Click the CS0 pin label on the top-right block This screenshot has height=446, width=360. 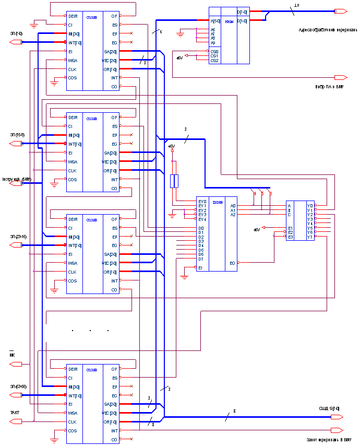214,52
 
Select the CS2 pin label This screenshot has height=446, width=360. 214,61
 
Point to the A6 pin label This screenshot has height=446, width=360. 212,30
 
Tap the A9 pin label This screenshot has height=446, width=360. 212,43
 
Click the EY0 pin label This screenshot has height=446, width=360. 202,202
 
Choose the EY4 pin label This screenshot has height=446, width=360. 202,219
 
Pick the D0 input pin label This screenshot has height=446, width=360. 201,228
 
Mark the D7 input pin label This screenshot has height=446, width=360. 201,259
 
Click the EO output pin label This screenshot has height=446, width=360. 232,263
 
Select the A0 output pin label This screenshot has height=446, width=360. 233,206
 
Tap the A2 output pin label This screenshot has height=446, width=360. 233,215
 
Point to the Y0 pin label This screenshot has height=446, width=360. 310,206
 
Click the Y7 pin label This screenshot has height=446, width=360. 310,237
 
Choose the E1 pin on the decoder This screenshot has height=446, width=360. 291,228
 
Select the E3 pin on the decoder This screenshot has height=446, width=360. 291,237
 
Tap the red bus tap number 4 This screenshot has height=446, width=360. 255,194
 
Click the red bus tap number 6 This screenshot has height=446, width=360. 271,194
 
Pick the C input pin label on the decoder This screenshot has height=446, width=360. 289,215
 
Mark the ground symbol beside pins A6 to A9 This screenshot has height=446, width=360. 181,34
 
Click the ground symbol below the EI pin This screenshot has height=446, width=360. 184,277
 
